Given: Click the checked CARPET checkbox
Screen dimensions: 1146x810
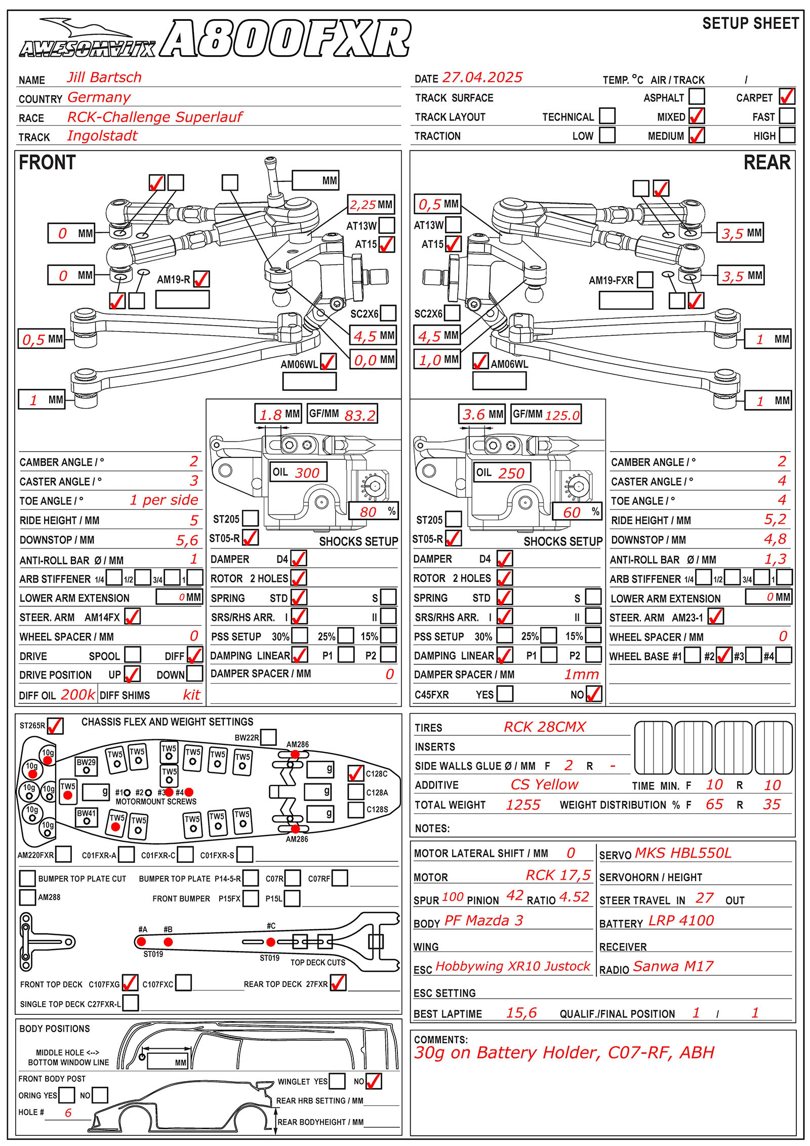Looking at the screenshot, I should (787, 97).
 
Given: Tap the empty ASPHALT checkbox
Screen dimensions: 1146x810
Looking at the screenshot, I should (697, 97).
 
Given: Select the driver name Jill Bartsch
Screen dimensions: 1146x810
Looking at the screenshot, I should (104, 77).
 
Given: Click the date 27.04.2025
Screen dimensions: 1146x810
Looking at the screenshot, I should (482, 77).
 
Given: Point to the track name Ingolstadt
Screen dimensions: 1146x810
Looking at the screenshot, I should (102, 136).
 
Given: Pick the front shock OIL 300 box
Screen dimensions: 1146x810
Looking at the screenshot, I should (298, 472).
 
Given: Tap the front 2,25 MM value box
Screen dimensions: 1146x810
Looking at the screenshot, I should (371, 205).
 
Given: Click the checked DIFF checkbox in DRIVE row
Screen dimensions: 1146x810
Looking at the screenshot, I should (195, 655).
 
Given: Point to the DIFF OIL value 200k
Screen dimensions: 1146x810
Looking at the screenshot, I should (77, 694).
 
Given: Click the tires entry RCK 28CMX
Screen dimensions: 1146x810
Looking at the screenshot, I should (544, 727).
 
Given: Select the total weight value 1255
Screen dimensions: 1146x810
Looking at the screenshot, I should (523, 805).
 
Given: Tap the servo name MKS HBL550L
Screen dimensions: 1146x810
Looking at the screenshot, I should (683, 853).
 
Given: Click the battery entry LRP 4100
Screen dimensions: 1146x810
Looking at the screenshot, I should (681, 921).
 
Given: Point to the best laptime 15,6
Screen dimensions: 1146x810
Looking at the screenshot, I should (521, 1013).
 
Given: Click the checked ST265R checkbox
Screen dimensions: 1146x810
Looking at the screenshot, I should (55, 726).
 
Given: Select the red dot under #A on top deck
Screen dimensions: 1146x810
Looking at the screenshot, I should (142, 942).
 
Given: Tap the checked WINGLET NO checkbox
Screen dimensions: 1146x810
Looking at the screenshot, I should (374, 1081).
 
